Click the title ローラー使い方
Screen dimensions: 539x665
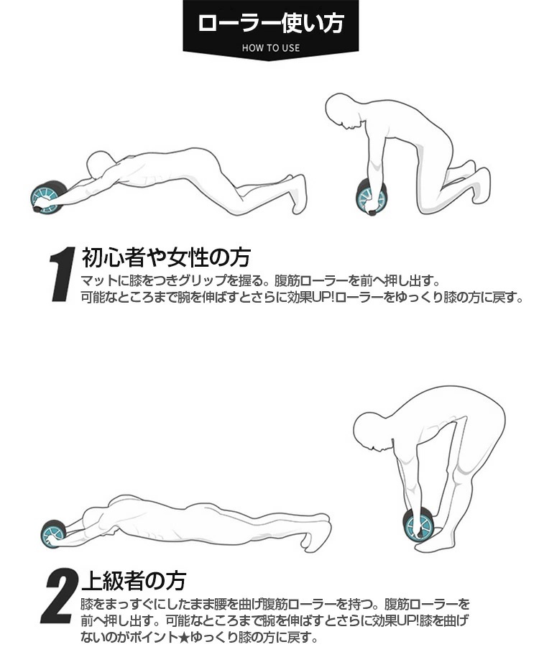pos(270,23)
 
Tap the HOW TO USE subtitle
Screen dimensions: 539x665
pos(270,48)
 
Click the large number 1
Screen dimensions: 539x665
pos(63,274)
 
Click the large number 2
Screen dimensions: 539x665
pos(60,596)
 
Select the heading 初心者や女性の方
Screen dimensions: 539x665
pos(166,257)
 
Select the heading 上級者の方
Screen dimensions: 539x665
pos(134,581)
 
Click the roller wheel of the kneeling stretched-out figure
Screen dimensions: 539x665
pos(48,197)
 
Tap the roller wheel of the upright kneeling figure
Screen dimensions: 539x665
pos(371,197)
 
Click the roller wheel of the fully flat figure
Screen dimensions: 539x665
pos(52,534)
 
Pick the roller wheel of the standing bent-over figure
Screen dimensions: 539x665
pos(418,524)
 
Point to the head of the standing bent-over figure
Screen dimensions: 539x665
pos(372,431)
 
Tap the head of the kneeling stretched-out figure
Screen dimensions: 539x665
pos(100,163)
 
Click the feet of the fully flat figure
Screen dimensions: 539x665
pos(321,533)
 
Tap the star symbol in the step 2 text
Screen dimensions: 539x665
pos(183,636)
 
